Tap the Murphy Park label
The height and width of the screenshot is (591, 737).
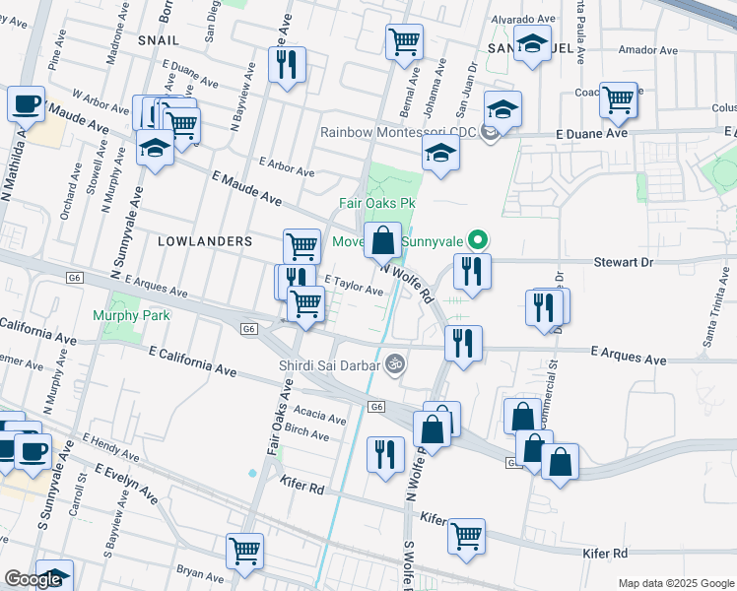click(131, 315)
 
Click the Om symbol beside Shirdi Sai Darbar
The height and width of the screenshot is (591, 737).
click(395, 363)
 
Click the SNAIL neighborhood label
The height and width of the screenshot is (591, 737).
click(158, 39)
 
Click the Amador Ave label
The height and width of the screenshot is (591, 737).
click(647, 49)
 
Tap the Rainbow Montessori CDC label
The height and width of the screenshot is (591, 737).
click(400, 132)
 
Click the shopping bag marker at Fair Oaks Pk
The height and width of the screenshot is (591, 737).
click(382, 238)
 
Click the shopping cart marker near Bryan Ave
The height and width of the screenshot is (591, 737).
click(244, 550)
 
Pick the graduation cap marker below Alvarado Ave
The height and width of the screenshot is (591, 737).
click(533, 45)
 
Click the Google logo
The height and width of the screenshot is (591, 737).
click(33, 580)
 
